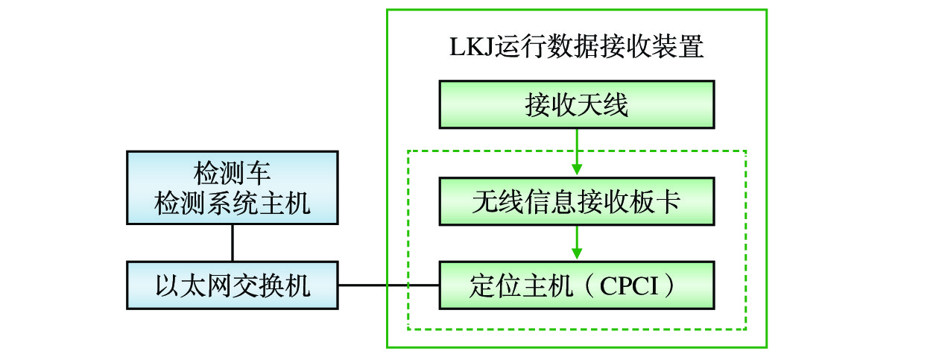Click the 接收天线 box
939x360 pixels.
[576, 105]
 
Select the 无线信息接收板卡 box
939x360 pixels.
[576, 202]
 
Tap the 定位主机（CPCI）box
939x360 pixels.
[576, 285]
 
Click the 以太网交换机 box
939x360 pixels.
[232, 285]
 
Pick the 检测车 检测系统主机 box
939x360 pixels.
[232, 188]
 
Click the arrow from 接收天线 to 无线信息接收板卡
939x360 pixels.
[577, 153]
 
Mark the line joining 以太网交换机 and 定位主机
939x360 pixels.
[388, 285]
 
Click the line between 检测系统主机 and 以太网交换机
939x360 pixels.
[233, 243]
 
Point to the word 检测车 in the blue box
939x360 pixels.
[232, 175]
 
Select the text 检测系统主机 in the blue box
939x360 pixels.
[232, 203]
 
